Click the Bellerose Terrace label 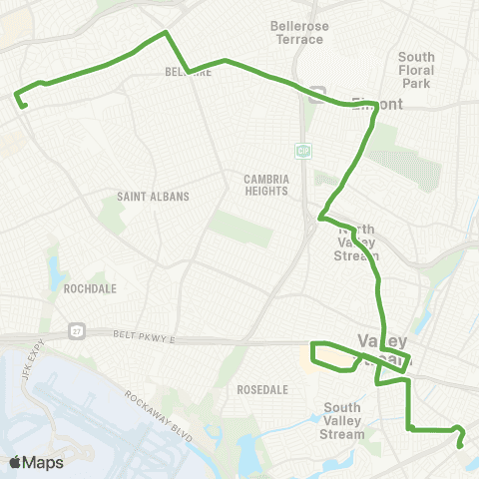click(297, 33)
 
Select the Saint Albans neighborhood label click(153, 197)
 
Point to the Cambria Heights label click(266, 187)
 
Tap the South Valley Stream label click(343, 420)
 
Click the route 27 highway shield click(76, 330)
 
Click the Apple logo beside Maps click(16, 462)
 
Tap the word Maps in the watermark click(44, 462)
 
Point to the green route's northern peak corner click(166, 33)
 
